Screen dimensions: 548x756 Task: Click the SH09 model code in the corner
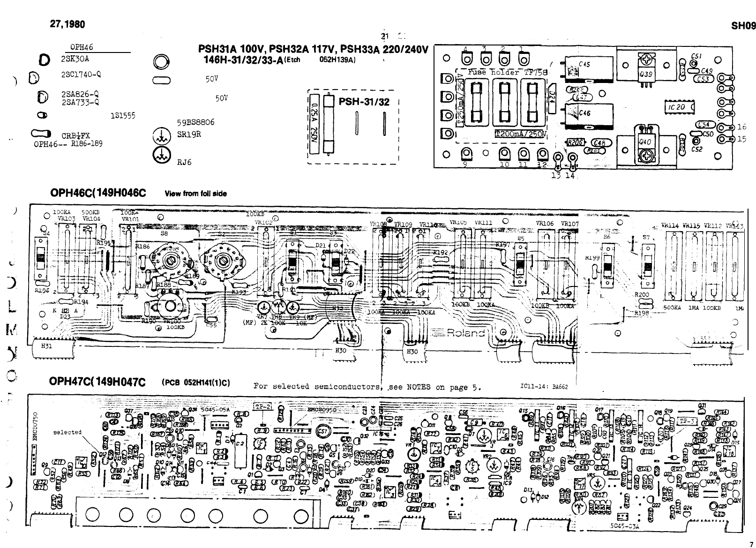click(743, 26)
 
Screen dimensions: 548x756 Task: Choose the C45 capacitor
click(584, 65)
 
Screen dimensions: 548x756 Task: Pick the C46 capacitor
click(584, 113)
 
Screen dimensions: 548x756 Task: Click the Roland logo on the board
click(465, 333)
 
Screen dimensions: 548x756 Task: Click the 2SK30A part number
click(75, 60)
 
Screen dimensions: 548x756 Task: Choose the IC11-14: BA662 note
click(544, 387)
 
